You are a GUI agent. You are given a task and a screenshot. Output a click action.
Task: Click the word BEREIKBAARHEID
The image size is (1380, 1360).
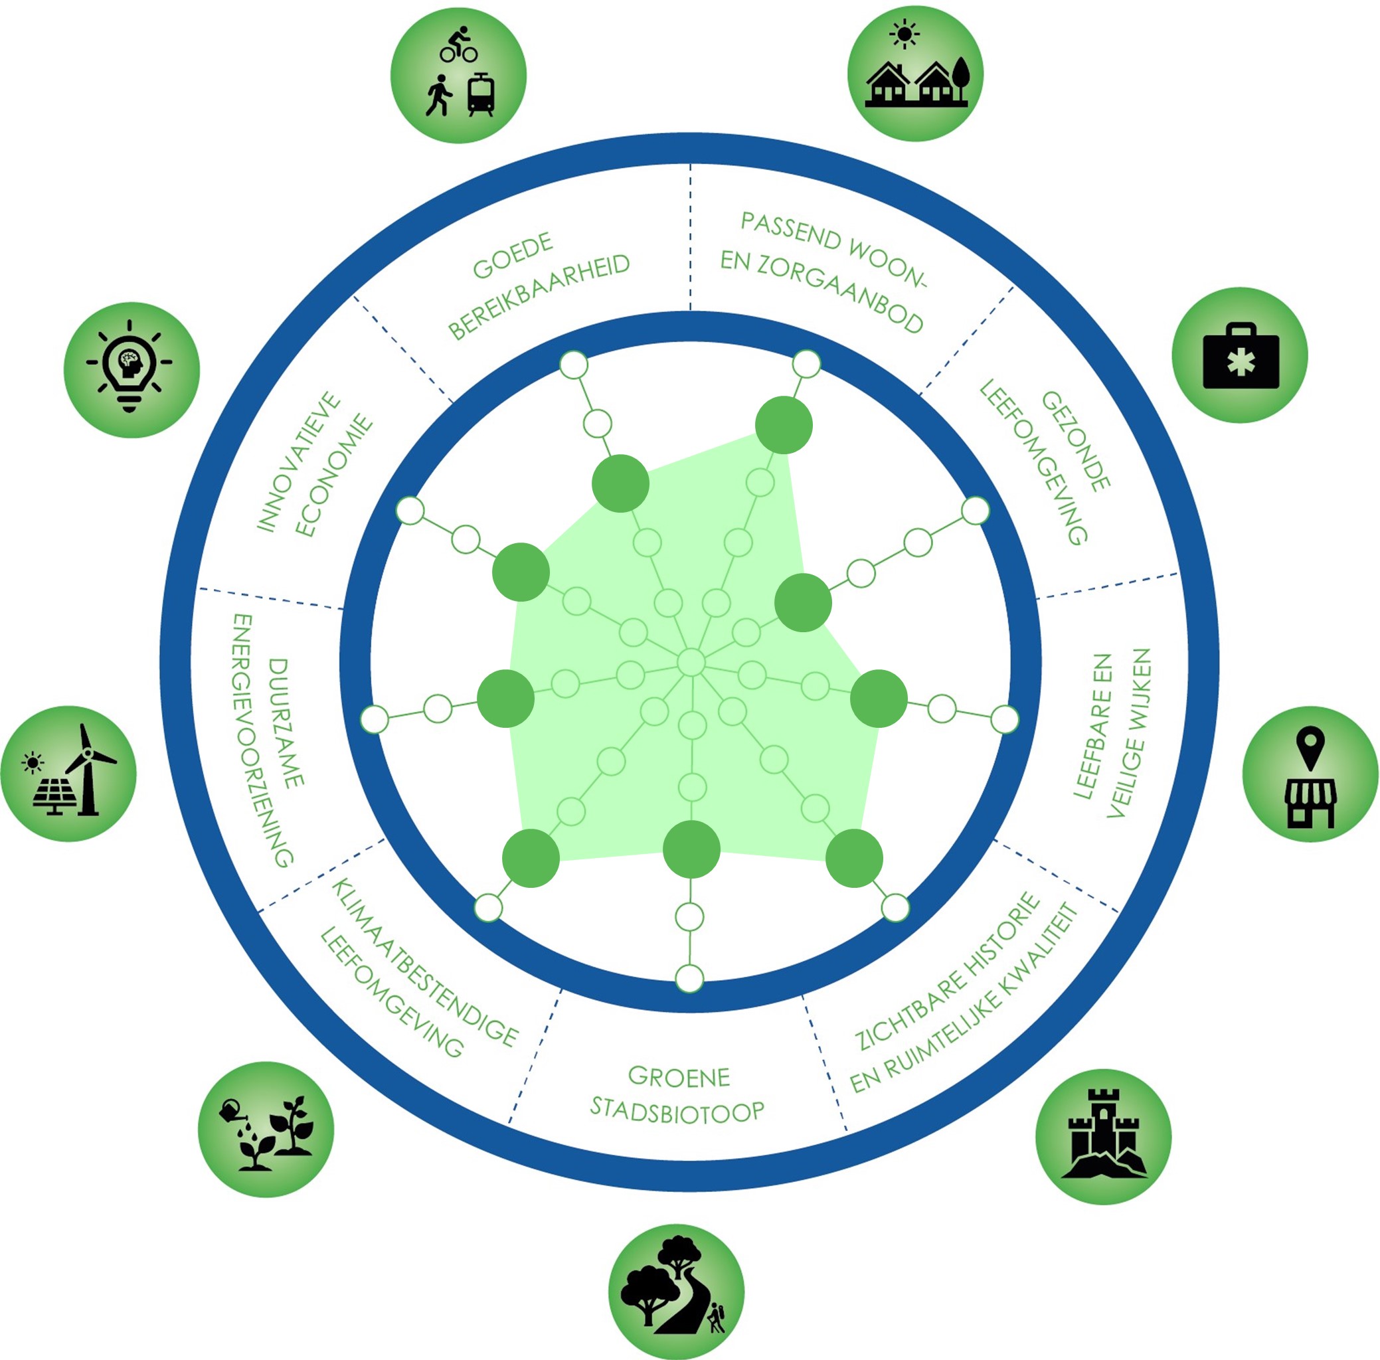click(x=540, y=296)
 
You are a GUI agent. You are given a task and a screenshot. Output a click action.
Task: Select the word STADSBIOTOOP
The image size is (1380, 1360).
click(x=677, y=1111)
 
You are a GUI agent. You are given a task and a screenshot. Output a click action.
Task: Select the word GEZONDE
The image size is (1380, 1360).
click(x=1076, y=441)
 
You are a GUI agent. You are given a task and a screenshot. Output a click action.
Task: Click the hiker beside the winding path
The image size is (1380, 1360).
click(x=716, y=1316)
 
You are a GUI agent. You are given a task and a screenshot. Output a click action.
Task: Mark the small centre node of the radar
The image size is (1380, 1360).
click(x=691, y=662)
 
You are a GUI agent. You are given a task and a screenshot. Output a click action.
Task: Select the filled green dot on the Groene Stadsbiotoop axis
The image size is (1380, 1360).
click(x=691, y=849)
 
